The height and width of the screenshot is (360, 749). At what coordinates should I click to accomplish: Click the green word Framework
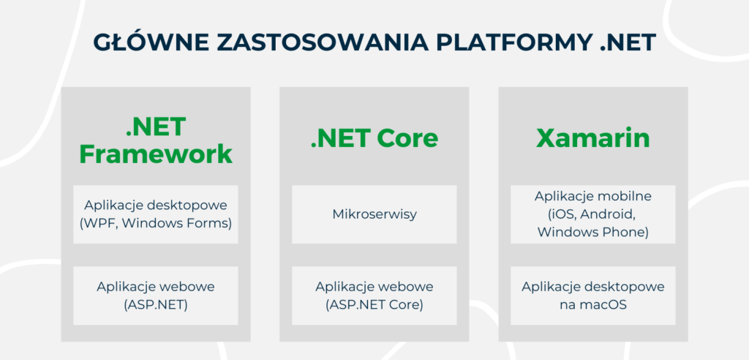[155, 154]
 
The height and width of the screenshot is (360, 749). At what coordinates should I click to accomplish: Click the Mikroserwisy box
[374, 214]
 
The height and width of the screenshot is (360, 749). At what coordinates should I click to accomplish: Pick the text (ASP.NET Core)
[374, 304]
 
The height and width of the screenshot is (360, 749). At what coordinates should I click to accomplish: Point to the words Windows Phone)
[592, 232]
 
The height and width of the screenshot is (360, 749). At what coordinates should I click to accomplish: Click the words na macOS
[592, 304]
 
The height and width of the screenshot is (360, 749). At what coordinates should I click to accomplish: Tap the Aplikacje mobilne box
[592, 214]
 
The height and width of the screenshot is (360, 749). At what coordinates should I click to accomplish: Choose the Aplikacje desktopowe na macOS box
[592, 296]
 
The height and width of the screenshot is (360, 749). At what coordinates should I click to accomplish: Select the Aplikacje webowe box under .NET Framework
[155, 296]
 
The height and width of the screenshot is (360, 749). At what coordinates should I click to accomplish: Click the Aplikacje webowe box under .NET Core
[374, 296]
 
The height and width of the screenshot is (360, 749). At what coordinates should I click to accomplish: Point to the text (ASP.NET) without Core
[155, 304]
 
